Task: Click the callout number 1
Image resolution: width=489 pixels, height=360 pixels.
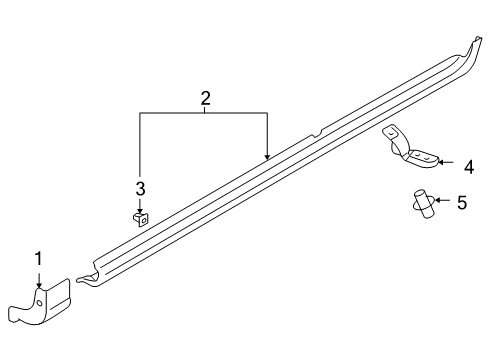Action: [39, 259]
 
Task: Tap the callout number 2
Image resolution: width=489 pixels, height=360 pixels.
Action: [205, 98]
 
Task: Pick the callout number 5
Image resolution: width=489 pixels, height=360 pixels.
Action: [461, 203]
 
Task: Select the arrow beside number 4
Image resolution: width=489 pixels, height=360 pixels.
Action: [446, 163]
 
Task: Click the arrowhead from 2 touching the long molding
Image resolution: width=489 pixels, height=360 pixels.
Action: [267, 157]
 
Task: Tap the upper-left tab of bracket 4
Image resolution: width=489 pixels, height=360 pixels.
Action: [390, 131]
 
